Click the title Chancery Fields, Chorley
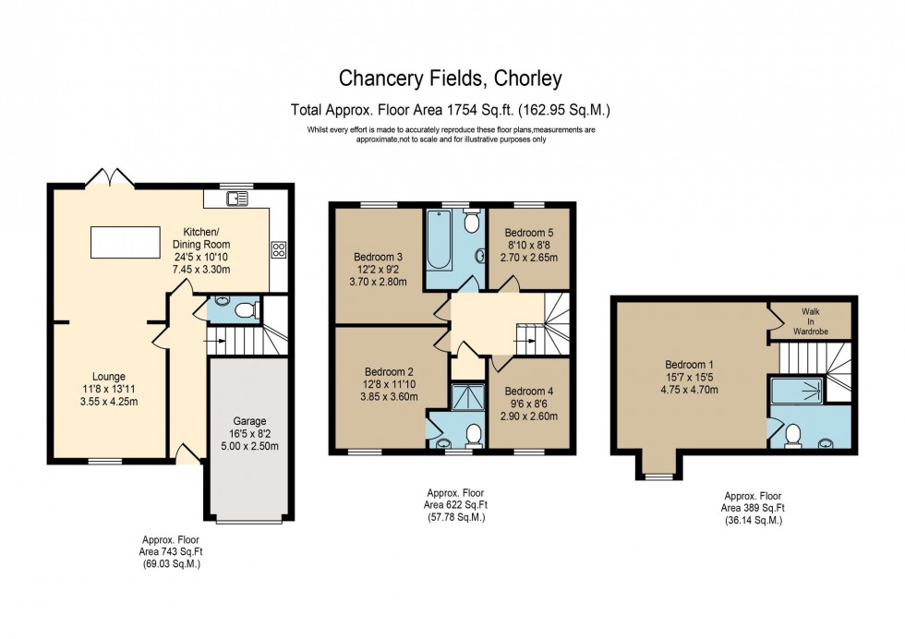pos(452,79)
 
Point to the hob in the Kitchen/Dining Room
pos(278,248)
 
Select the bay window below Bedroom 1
pos(659,476)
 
